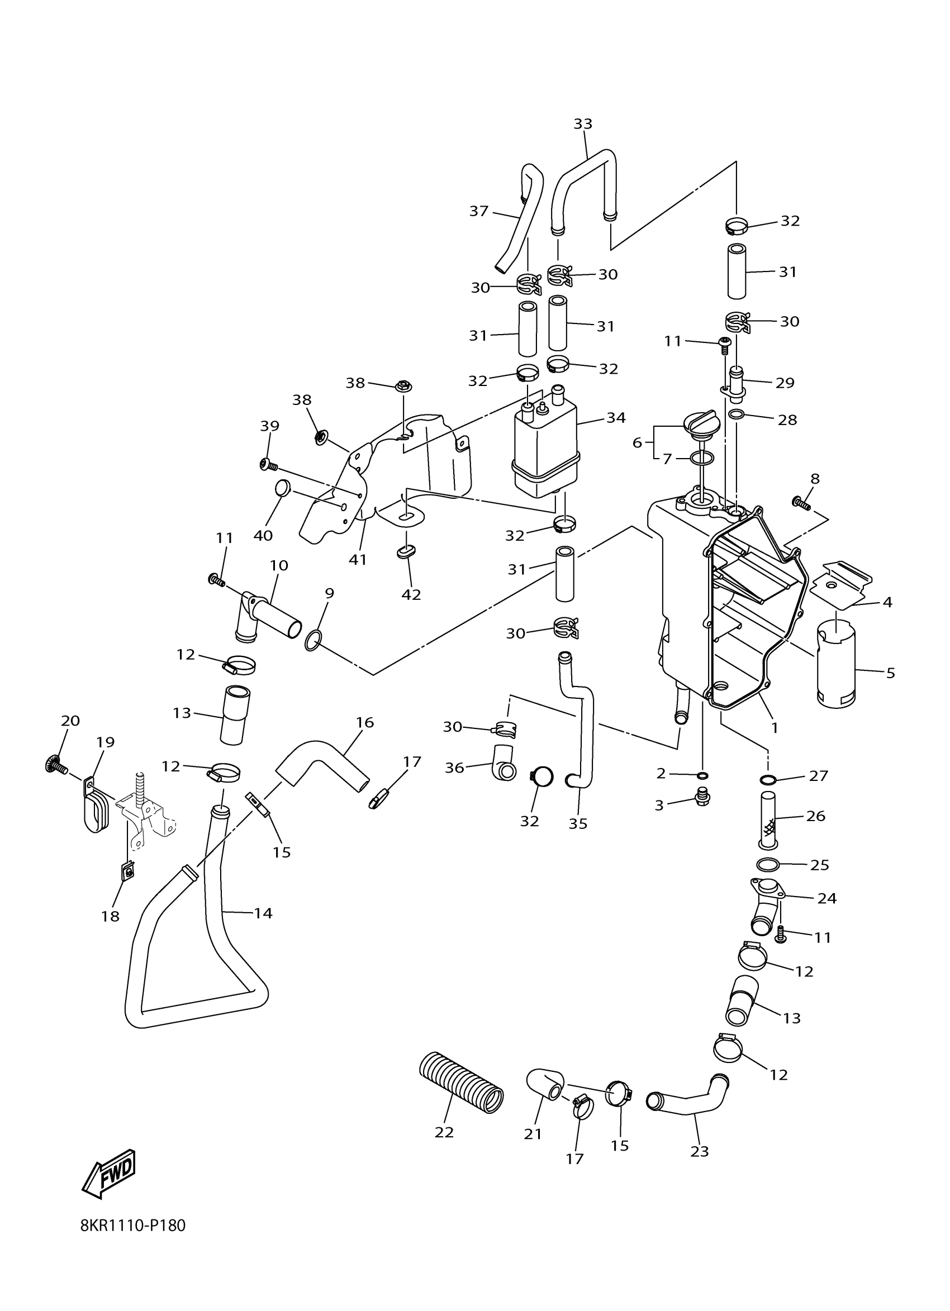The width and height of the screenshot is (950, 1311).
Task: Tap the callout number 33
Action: point(583,123)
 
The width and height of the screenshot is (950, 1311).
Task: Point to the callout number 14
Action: point(263,913)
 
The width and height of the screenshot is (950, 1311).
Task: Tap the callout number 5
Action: point(890,673)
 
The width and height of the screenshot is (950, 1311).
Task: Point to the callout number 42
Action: point(411,594)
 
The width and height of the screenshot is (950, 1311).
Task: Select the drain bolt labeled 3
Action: point(701,798)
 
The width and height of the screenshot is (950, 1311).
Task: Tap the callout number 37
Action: point(479,212)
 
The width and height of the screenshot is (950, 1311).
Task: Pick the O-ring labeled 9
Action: point(312,641)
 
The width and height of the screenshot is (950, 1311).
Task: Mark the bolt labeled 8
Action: point(801,503)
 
